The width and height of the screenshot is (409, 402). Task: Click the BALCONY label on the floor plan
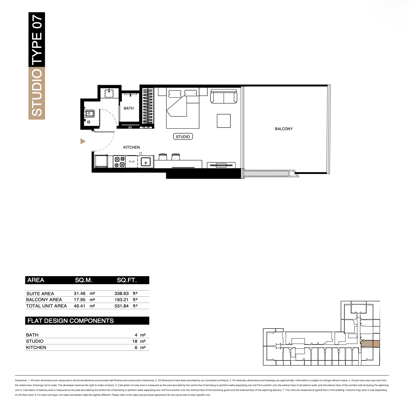click(x=284, y=129)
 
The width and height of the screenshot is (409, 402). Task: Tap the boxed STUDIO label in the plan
click(x=183, y=137)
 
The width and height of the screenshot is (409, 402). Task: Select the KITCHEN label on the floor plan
click(x=132, y=147)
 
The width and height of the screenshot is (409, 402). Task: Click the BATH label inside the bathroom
click(x=129, y=108)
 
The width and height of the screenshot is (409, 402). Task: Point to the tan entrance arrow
click(x=83, y=141)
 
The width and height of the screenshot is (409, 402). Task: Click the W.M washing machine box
click(x=132, y=161)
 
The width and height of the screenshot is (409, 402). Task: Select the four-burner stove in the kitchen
click(x=120, y=162)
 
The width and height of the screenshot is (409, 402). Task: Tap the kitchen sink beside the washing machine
click(x=146, y=162)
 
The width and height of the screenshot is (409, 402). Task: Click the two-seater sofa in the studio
click(x=224, y=96)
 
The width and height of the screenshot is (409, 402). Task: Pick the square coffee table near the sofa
click(x=224, y=121)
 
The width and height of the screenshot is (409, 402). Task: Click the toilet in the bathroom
click(x=89, y=114)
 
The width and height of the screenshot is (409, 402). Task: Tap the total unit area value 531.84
click(x=121, y=306)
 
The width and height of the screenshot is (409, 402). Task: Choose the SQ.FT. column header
click(x=127, y=280)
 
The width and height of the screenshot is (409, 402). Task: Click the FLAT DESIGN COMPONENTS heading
click(x=70, y=321)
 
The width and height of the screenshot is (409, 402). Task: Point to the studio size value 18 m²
click(x=139, y=341)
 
